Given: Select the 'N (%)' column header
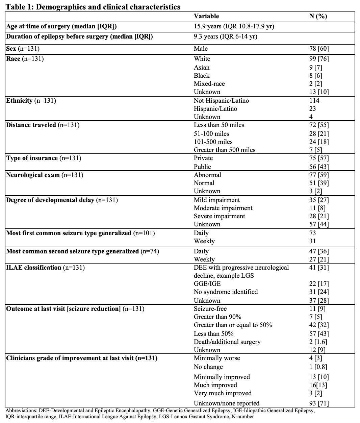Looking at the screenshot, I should coord(318,16).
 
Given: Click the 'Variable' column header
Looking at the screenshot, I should coord(206,16).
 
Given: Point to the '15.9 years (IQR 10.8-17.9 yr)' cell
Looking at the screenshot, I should coord(234,26).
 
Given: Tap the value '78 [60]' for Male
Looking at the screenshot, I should coord(319,49).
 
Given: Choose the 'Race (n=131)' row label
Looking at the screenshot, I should coord(25,59).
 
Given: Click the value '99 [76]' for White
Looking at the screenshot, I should coord(319,59).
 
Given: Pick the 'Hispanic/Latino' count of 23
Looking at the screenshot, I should coord(312,109).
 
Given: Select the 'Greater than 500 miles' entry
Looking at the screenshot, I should coord(225,150).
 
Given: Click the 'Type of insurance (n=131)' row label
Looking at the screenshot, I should coord(44,158).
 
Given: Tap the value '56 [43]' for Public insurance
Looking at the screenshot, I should coord(319,167).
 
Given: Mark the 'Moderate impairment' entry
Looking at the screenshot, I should coord(223,208).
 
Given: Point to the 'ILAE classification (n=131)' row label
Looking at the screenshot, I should coord(45,268).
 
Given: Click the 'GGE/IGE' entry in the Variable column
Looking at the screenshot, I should coord(207,284).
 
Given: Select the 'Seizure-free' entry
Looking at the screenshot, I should coord(210,309).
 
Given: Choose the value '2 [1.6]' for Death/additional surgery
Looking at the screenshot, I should coord(318,342).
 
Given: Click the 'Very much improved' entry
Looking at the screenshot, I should coord(223,393).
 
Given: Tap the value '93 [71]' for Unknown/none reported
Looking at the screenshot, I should coord(319,403).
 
